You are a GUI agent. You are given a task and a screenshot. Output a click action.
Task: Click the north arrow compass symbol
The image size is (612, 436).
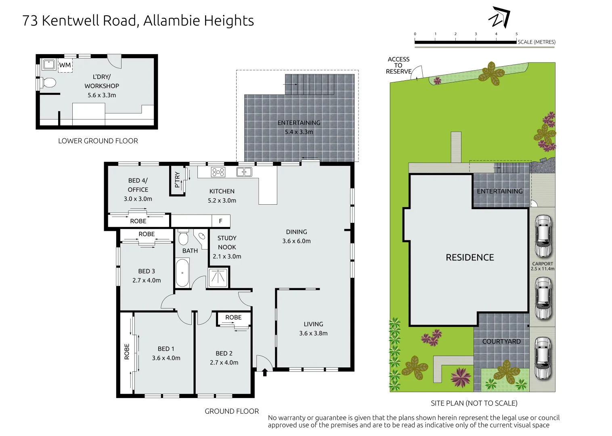pyautogui.click(x=499, y=18)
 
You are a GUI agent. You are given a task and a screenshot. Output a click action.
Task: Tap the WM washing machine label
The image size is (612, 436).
pyautogui.click(x=65, y=65)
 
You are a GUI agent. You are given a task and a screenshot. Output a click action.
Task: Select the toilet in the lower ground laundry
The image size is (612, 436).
pyautogui.click(x=49, y=83)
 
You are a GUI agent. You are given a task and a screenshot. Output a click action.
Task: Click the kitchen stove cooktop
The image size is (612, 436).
pyautogui.click(x=218, y=172)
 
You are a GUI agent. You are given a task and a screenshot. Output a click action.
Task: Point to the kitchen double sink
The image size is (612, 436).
pyautogui.click(x=244, y=172)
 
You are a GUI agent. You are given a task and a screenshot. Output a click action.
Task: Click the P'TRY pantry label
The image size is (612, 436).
pyautogui.click(x=177, y=180)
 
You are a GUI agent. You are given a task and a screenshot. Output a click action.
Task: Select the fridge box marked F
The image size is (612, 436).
pyautogui.click(x=220, y=221)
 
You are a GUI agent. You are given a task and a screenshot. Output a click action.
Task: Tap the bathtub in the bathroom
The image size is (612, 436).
pyautogui.click(x=182, y=273)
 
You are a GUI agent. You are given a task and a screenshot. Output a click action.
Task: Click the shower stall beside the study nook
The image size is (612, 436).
pyautogui.click(x=218, y=277)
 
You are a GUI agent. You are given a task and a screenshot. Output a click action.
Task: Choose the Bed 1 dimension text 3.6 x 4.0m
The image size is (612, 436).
pyautogui.click(x=166, y=358)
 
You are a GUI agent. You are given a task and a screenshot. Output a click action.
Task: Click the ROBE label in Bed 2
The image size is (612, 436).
pyautogui.click(x=233, y=317)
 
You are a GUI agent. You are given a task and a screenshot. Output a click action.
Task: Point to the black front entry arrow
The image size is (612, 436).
pyautogui.click(x=265, y=372)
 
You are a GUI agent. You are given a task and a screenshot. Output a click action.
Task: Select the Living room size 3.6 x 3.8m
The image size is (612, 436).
pyautogui.click(x=313, y=333)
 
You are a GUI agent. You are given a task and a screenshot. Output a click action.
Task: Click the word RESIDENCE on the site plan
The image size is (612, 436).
pyautogui.click(x=469, y=258)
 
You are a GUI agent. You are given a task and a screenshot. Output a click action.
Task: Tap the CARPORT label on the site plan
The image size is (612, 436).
pyautogui.click(x=542, y=264)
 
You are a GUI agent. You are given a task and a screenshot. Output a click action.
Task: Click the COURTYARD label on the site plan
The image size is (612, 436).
pyautogui.click(x=501, y=342)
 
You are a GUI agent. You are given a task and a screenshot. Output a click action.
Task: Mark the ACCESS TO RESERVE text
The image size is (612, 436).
pyautogui.click(x=398, y=65)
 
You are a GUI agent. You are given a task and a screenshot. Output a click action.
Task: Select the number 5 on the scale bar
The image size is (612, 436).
pyautogui.click(x=516, y=34)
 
